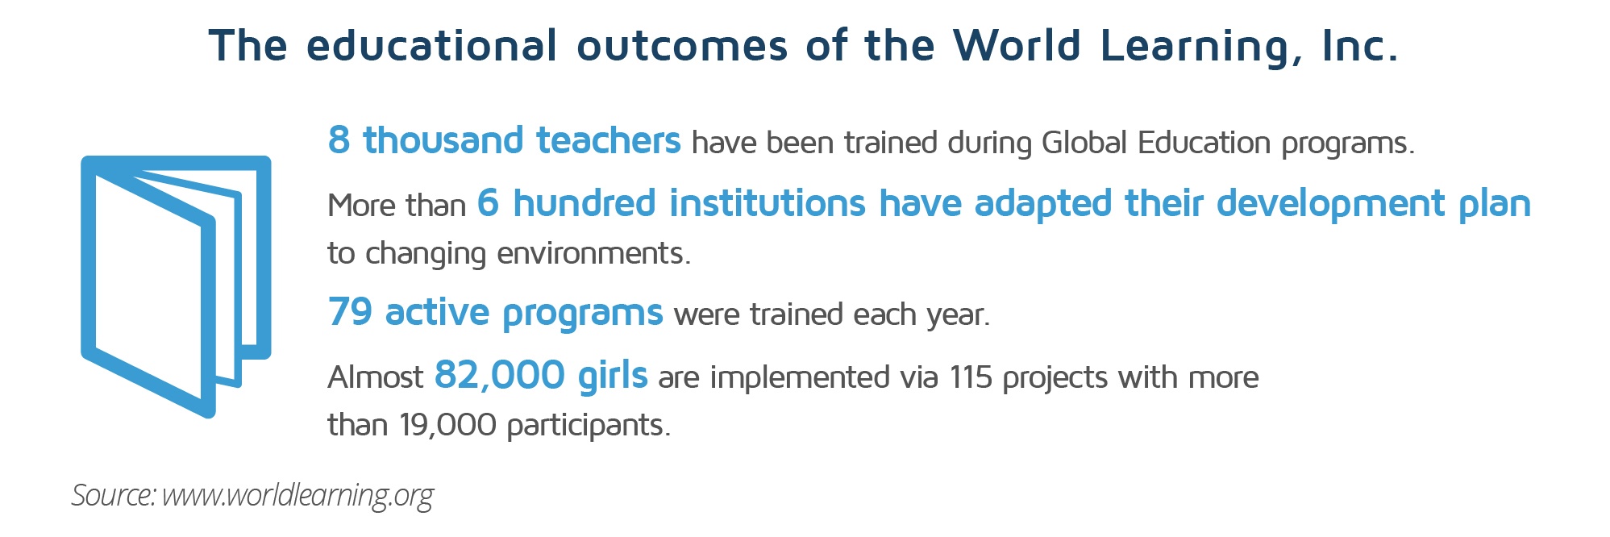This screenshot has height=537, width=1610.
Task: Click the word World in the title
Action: point(1016,45)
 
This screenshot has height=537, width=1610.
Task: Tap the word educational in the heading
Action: point(431,45)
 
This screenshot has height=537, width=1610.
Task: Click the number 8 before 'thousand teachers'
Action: point(339,140)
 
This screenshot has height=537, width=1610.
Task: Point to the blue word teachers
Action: point(609,140)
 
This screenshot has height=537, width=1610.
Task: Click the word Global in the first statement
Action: point(1085,143)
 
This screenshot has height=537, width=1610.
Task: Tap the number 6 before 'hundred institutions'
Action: point(488,203)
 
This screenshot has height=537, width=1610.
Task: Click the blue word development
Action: point(1331,203)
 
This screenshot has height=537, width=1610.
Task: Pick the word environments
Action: point(593,254)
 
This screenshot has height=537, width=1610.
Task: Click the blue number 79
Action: point(350,312)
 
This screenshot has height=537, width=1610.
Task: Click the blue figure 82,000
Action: point(500,375)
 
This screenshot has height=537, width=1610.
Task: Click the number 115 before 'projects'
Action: point(971,377)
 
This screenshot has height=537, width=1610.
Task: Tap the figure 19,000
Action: point(447,425)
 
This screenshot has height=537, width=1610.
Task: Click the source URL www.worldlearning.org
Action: point(297,495)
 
